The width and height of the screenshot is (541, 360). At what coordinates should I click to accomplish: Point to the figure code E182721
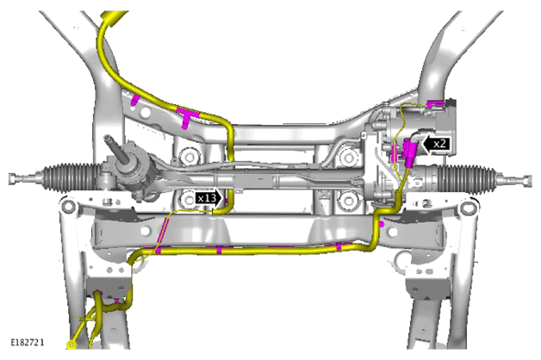click(28, 343)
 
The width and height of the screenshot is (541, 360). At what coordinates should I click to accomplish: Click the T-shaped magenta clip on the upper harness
click(187, 116)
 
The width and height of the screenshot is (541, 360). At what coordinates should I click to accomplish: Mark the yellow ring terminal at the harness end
click(72, 344)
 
